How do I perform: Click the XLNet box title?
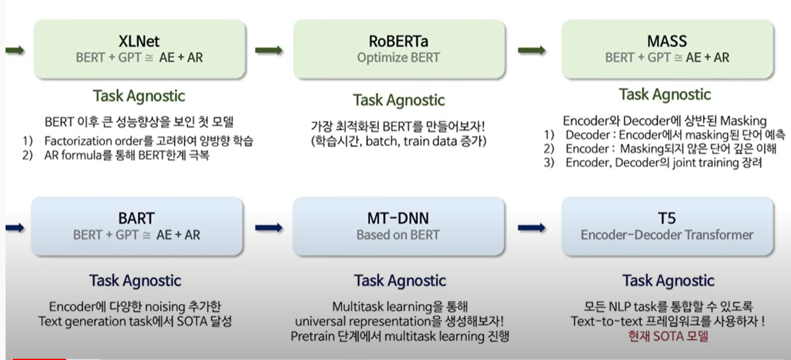click(x=139, y=41)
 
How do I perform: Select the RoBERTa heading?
click(x=399, y=41)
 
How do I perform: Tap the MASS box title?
click(x=667, y=41)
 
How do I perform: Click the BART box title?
click(x=137, y=218)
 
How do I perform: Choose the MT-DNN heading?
click(x=399, y=218)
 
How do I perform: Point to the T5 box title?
click(x=667, y=218)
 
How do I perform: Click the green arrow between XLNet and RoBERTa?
click(x=269, y=50)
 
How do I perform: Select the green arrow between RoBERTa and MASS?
click(x=531, y=50)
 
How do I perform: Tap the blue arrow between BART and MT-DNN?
click(x=269, y=228)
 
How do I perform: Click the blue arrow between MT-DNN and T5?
click(x=531, y=228)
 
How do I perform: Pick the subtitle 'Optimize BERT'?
click(x=399, y=58)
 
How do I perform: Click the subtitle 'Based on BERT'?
click(x=399, y=235)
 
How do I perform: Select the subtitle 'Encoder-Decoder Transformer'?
click(x=667, y=235)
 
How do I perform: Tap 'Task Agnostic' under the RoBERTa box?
click(x=399, y=100)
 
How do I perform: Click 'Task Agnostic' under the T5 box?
click(x=668, y=281)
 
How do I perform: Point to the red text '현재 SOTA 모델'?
click(x=668, y=336)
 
